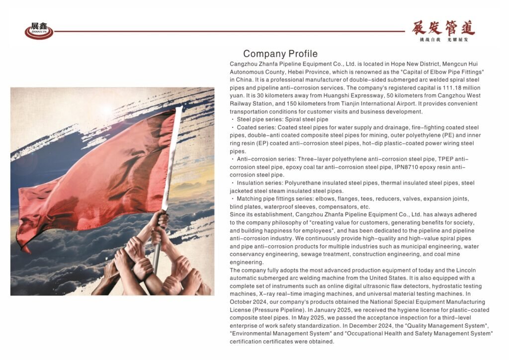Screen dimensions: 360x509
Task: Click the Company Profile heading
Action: click(280, 54)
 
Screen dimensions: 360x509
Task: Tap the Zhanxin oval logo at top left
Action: click(39, 31)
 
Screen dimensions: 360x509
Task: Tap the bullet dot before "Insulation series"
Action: click(232, 183)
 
